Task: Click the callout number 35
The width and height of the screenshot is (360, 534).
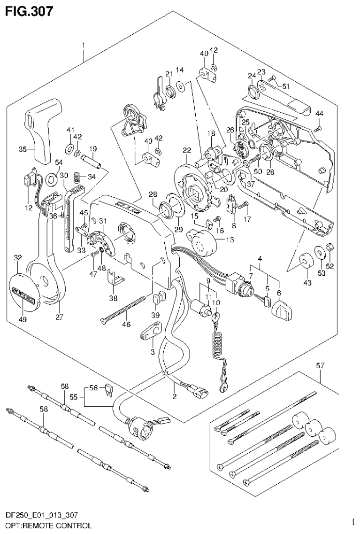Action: pos(22,150)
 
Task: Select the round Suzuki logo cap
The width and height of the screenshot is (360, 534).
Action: pos(23,291)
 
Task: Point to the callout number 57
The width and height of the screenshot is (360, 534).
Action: pos(320,365)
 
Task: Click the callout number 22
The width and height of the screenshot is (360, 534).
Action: pos(187,150)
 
